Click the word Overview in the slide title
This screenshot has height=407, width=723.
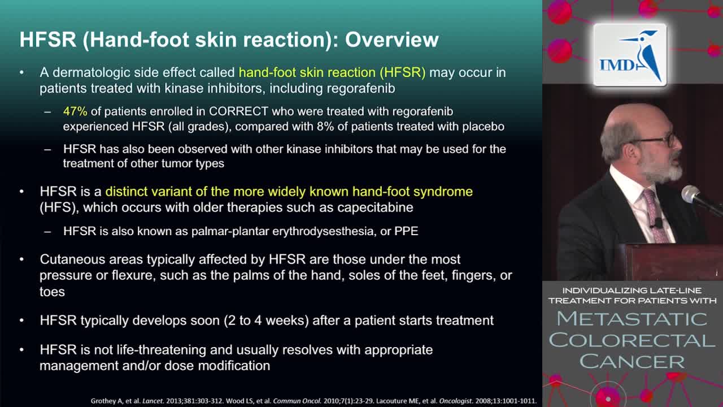pyautogui.click(x=392, y=40)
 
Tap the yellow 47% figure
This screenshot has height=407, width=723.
pyautogui.click(x=75, y=111)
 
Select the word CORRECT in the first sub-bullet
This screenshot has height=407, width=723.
pyautogui.click(x=238, y=111)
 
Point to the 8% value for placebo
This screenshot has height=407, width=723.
pyautogui.click(x=325, y=127)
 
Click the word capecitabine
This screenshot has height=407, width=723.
pyautogui.click(x=375, y=207)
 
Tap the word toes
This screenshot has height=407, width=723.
pyautogui.click(x=53, y=292)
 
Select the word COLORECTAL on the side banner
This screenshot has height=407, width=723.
pyautogui.click(x=632, y=340)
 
